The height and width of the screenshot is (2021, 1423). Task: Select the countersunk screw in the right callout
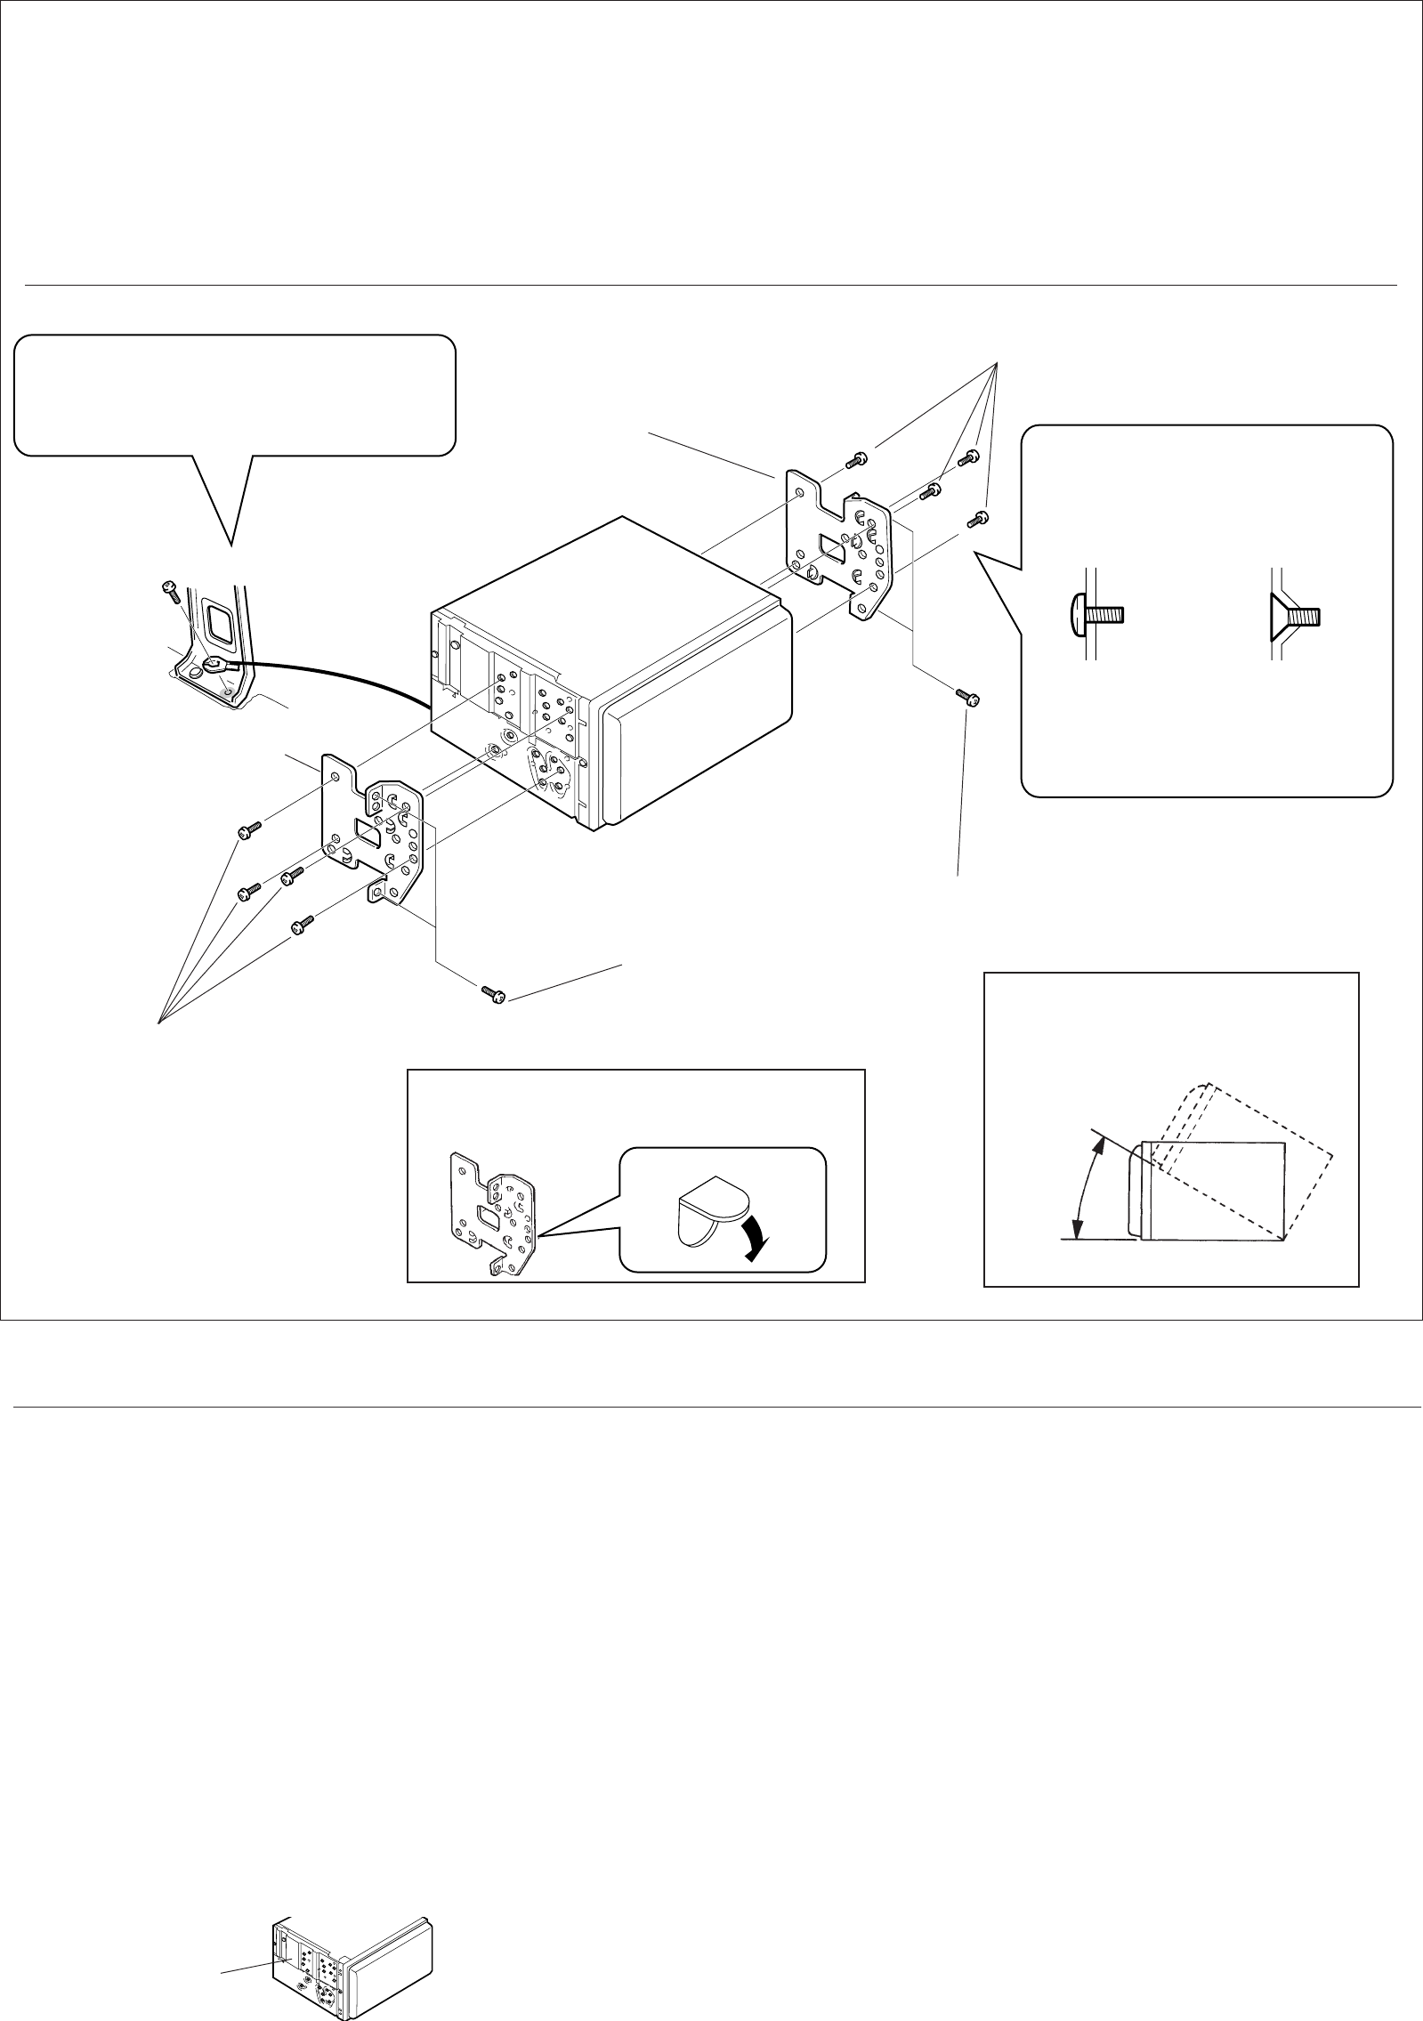pyautogui.click(x=1296, y=614)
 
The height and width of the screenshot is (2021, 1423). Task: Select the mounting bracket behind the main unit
pyautogui.click(x=837, y=543)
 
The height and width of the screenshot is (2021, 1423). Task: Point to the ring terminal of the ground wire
pyautogui.click(x=216, y=663)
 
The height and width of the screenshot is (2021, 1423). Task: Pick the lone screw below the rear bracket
pyautogui.click(x=967, y=696)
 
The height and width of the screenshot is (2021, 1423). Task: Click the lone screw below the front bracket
pyautogui.click(x=492, y=993)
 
